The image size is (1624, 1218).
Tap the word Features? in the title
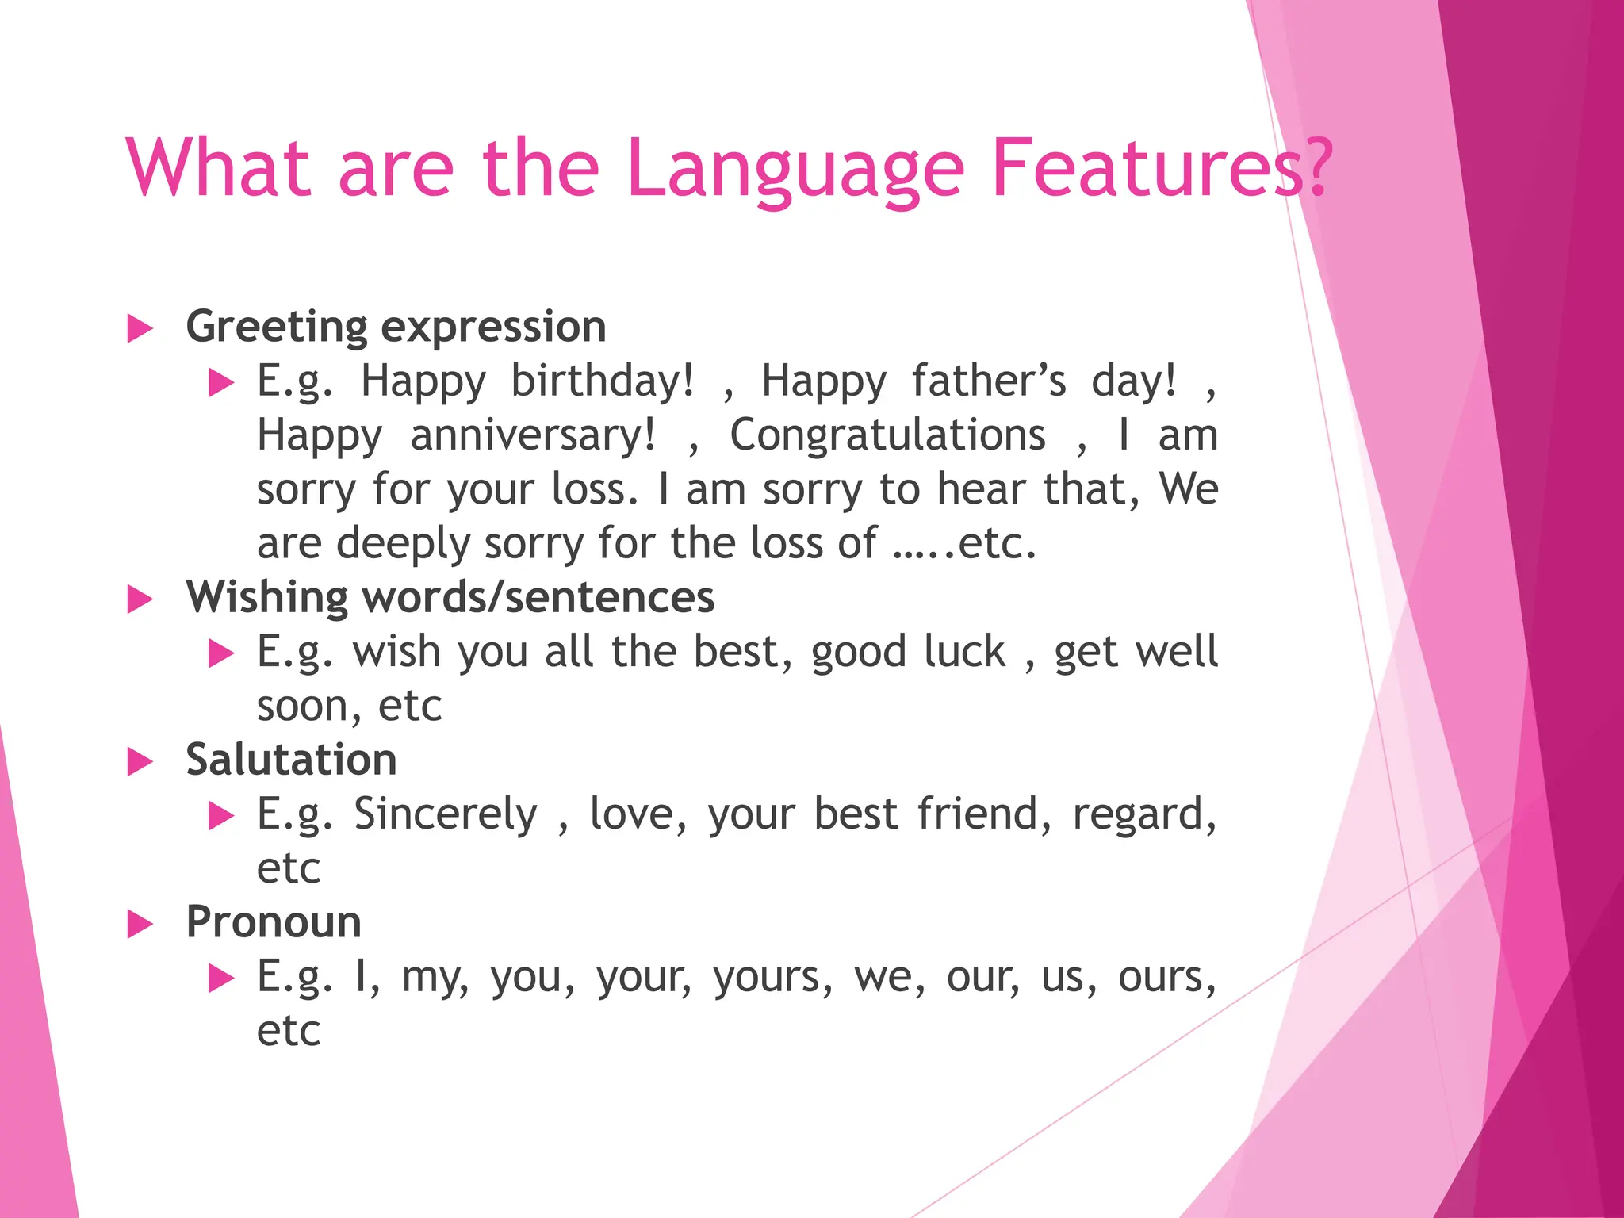pos(1162,168)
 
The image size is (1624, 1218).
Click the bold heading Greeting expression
pos(396,327)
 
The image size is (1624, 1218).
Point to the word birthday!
pos(603,381)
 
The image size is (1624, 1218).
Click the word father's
pos(989,381)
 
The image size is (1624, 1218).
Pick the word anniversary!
pos(533,435)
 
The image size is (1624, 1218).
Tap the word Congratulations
pos(887,435)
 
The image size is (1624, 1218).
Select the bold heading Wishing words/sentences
pos(450,597)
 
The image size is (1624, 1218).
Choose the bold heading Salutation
pos(291,760)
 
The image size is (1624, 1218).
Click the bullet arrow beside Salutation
pos(140,762)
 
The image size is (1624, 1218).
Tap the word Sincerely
pos(445,814)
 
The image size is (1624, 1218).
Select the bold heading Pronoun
pos(274,922)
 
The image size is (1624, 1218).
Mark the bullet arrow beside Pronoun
pos(140,925)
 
